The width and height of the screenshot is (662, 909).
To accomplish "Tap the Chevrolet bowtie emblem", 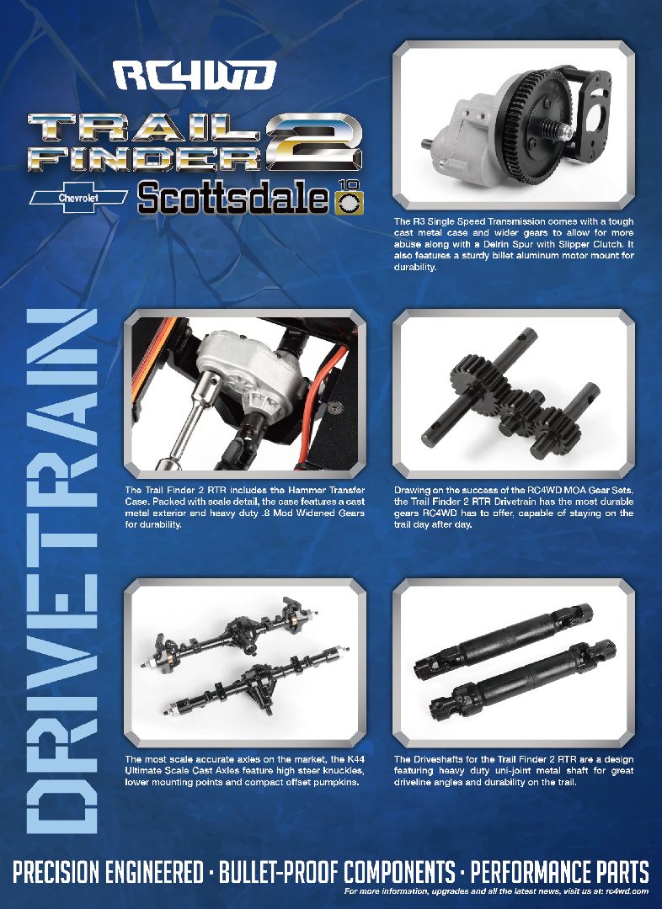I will click(x=77, y=197).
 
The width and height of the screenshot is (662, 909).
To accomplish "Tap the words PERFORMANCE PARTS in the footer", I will click(x=560, y=871).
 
